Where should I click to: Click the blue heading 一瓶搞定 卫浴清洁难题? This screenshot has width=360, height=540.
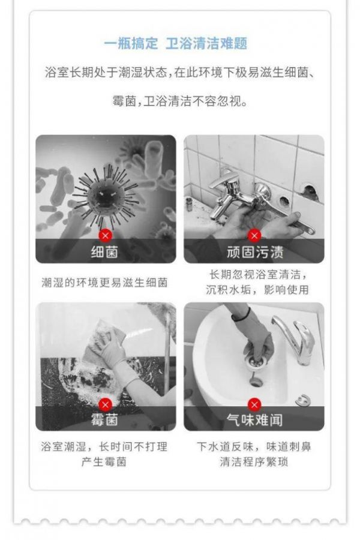coord(176,44)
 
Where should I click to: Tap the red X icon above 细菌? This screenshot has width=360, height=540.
coord(106,236)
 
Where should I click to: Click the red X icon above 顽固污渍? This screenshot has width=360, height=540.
coord(254,236)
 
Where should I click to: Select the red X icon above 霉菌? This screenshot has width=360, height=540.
coord(106,404)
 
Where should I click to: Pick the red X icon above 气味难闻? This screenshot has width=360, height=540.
coord(254,404)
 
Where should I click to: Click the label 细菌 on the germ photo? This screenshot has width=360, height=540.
coord(105,252)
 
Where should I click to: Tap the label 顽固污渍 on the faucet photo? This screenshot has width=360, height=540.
coord(255,252)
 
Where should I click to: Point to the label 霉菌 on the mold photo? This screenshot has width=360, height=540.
coord(105,420)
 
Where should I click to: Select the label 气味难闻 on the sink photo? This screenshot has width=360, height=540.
coord(255,420)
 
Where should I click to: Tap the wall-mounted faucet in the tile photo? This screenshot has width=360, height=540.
coord(238,193)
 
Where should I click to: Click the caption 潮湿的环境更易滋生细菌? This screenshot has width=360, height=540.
coord(105,283)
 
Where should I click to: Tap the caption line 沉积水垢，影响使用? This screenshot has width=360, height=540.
coord(257,290)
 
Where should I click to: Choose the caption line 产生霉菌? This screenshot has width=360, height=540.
coord(104,462)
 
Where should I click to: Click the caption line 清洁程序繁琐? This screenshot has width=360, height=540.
coord(254,462)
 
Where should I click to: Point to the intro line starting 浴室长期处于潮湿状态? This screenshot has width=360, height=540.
coord(179,73)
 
